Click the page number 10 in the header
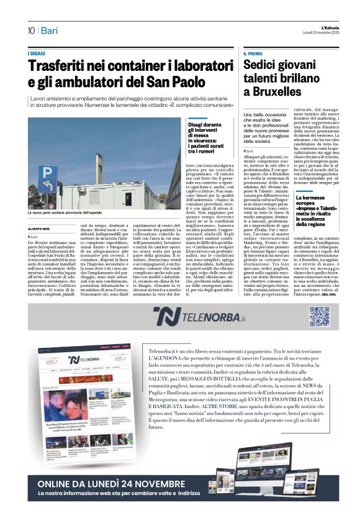click(x=30, y=30)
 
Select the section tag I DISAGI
click(x=37, y=54)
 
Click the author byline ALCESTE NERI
click(x=39, y=229)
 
